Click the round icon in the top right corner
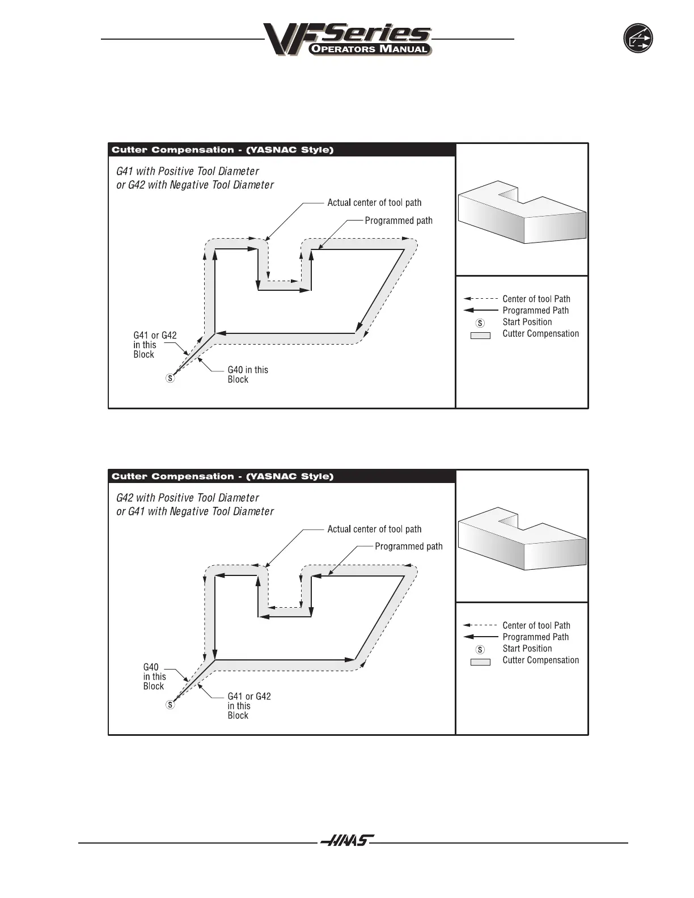tap(638, 39)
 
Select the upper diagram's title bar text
tap(222, 150)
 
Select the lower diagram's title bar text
tap(222, 477)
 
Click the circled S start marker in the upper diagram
tap(170, 378)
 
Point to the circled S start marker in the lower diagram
tap(170, 705)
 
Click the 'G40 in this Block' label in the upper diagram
tap(247, 375)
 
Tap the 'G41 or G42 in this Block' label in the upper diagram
tap(155, 345)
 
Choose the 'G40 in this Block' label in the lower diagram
tap(154, 677)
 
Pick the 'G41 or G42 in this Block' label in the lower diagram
tap(249, 706)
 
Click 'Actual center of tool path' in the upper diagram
tap(374, 203)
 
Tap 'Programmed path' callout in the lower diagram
tap(408, 547)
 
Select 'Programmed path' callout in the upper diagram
tap(398, 221)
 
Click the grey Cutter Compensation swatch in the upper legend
tap(480, 336)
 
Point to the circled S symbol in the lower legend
tap(480, 650)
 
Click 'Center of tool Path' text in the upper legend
tap(536, 299)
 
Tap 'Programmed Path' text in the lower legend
tap(535, 637)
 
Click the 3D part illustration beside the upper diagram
tap(522, 213)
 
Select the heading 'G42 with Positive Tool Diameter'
tap(188, 498)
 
